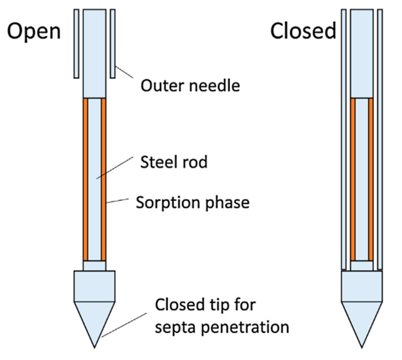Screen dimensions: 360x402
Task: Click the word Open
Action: point(34,31)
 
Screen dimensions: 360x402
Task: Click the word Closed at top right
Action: point(303,31)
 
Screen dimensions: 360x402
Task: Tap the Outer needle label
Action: point(190,85)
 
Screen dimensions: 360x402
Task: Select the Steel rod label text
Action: point(174,162)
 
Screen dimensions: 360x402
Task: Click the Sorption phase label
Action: point(193,203)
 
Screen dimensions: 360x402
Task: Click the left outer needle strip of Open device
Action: point(76,43)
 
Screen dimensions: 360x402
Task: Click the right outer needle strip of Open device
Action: point(113,43)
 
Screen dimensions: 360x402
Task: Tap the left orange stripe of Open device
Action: point(86,179)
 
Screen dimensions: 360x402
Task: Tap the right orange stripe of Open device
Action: point(104,179)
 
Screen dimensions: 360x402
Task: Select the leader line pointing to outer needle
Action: point(124,72)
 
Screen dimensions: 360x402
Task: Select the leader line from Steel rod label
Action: point(115,168)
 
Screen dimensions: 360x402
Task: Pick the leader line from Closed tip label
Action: point(125,325)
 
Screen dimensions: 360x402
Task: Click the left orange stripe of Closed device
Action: point(353,179)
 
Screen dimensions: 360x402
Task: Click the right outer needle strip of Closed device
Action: point(380,139)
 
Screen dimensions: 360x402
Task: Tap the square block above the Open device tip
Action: point(94,286)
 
